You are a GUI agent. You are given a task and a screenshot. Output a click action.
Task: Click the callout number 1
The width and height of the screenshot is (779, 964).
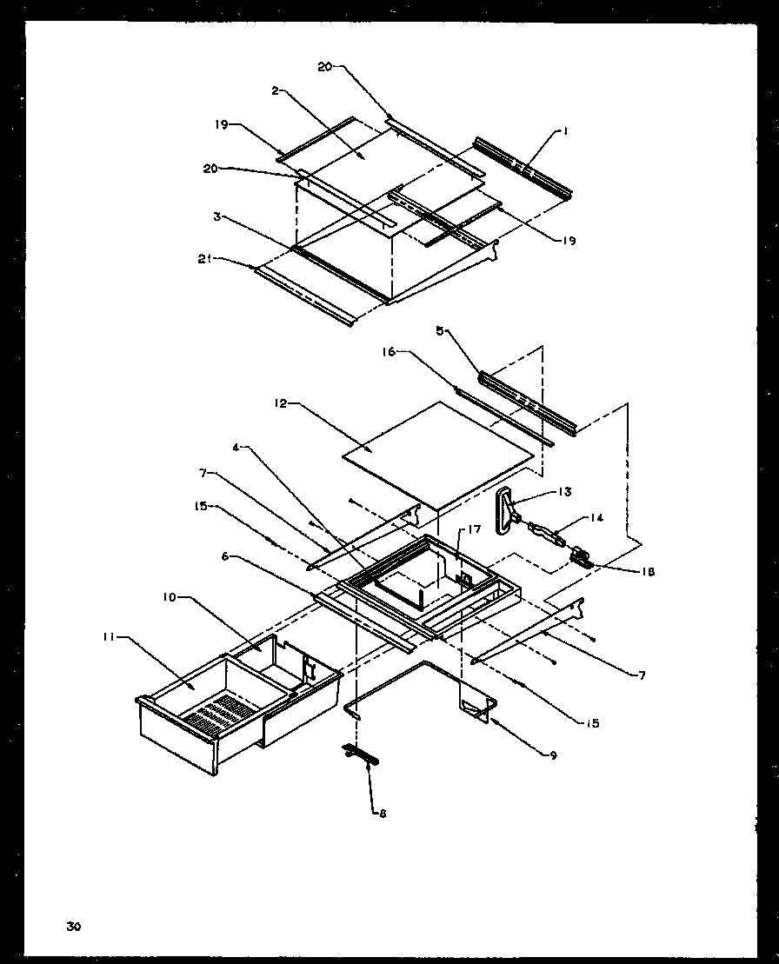(x=564, y=132)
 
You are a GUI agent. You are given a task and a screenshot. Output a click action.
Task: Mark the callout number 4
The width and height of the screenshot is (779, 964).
(x=236, y=449)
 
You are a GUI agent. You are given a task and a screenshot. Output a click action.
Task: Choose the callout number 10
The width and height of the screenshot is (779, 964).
(x=168, y=598)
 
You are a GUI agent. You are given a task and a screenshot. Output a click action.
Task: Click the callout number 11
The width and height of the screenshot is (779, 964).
(x=107, y=638)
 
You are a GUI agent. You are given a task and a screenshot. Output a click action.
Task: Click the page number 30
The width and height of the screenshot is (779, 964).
(x=73, y=927)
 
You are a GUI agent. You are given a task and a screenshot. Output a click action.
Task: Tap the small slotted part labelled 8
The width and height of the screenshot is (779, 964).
(x=361, y=753)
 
